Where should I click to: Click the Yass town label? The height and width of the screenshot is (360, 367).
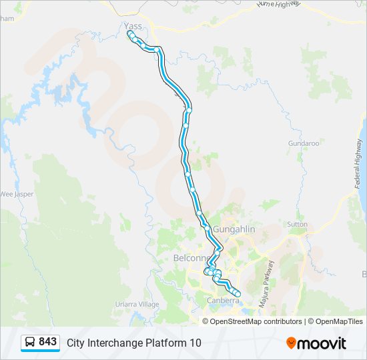[133, 26]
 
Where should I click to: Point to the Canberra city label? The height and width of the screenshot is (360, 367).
[222, 301]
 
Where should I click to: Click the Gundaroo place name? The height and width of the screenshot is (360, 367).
[304, 143]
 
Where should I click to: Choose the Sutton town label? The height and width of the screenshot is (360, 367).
[297, 225]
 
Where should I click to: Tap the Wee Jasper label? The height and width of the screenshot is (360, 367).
[16, 194]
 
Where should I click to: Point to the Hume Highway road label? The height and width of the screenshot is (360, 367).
[279, 5]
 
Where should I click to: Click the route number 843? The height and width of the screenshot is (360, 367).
[48, 342]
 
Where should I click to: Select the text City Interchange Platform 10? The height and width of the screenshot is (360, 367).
[133, 343]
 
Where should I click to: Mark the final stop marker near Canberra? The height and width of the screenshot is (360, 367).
[238, 293]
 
